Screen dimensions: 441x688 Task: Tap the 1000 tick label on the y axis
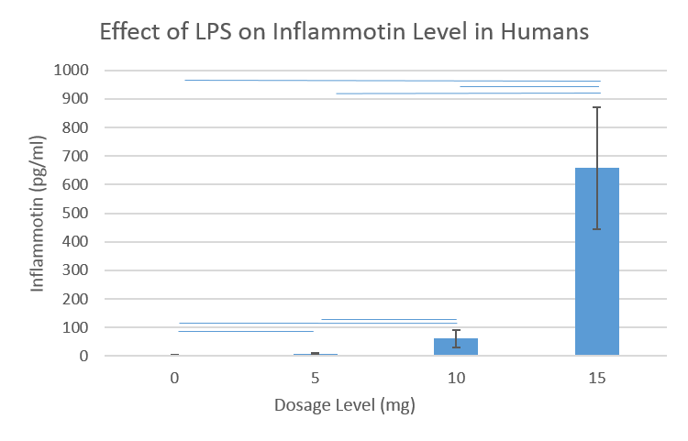[71, 70]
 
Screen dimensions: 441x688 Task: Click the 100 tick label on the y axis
[74, 327]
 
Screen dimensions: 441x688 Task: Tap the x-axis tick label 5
[315, 377]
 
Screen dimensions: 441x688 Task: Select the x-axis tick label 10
[456, 377]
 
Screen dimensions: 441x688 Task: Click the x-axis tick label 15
[596, 377]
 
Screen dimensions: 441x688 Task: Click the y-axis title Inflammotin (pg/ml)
[39, 213]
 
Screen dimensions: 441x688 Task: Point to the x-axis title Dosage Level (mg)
[344, 404]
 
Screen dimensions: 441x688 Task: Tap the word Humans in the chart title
[543, 32]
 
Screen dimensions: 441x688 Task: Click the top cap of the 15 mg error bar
[597, 107]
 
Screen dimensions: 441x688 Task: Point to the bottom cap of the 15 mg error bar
[597, 229]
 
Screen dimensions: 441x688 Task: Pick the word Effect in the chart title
[128, 32]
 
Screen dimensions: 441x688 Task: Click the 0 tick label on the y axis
[83, 356]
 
